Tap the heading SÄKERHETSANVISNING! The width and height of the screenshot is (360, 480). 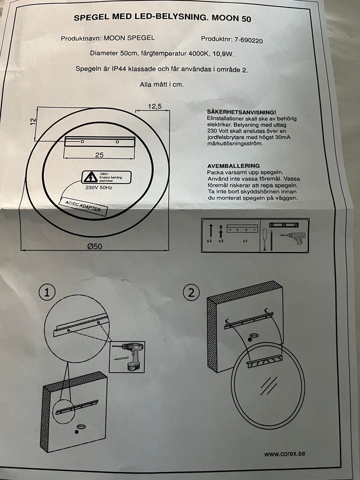point(241,112)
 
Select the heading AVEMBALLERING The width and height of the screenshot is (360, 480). point(233,166)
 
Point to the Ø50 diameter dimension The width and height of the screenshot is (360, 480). point(94,246)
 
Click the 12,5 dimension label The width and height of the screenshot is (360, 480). point(154,106)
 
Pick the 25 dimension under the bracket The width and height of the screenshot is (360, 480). point(99,155)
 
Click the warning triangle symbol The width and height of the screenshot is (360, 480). point(90,177)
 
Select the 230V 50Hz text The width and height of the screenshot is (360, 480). point(99,187)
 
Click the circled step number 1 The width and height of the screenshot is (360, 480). point(47,292)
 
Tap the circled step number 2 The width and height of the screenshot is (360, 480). point(191,292)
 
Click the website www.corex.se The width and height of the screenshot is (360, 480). point(284,454)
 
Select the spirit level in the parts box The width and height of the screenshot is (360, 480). point(284,225)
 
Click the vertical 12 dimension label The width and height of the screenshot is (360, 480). point(33,121)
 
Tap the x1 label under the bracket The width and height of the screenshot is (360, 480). point(244,241)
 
